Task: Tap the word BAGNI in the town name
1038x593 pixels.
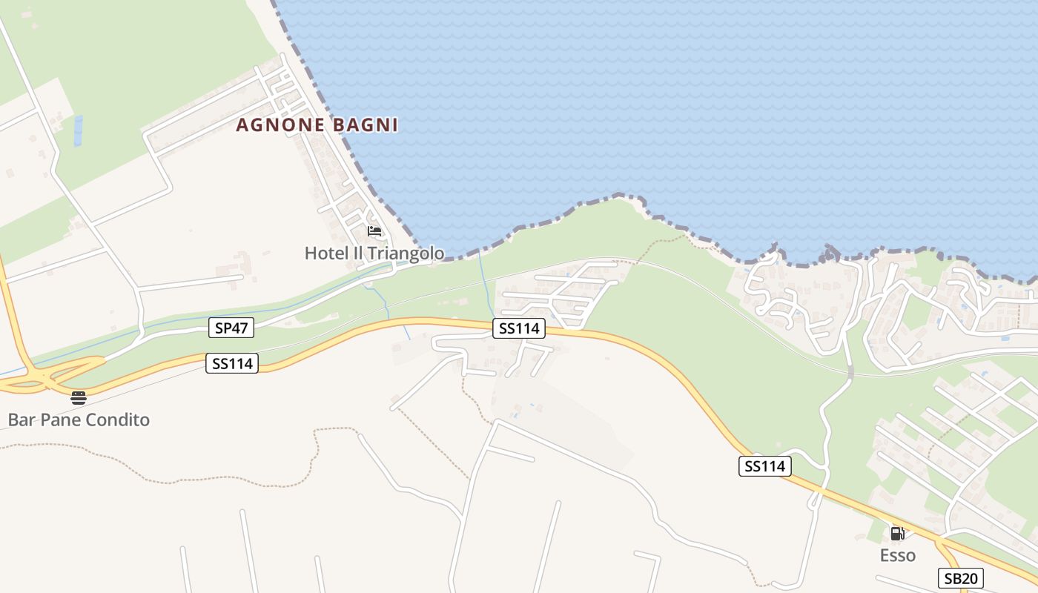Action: point(366,125)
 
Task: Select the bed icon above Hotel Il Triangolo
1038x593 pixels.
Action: point(374,231)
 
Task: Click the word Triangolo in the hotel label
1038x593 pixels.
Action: point(405,254)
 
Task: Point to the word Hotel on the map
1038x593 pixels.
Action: point(325,254)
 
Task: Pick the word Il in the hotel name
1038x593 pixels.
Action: point(357,254)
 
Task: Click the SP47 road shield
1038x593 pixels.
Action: point(231,328)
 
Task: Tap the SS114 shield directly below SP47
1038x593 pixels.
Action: point(232,363)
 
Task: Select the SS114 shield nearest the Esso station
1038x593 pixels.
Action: point(765,466)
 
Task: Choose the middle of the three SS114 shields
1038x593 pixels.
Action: point(519,328)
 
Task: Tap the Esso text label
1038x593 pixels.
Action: point(897,555)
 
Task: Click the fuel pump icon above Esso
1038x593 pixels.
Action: point(897,533)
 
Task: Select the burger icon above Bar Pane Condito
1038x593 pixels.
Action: point(79,398)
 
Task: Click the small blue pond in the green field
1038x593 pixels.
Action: point(78,130)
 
